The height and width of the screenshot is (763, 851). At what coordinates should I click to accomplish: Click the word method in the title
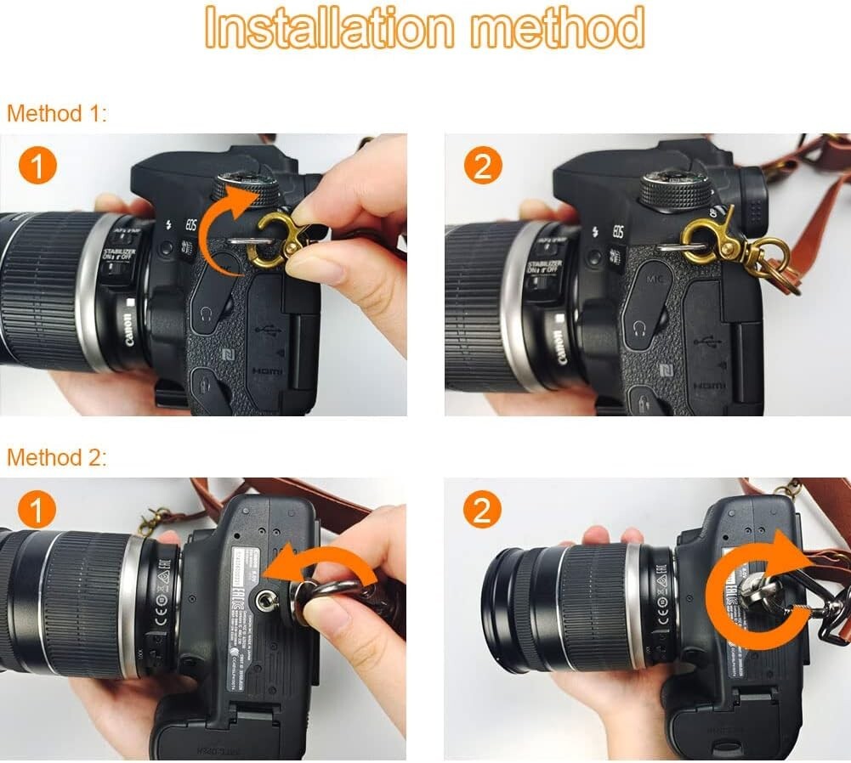point(558,29)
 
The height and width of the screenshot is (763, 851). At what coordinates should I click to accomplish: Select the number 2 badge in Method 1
point(482,167)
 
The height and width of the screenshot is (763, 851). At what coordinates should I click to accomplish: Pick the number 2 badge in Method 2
point(482,511)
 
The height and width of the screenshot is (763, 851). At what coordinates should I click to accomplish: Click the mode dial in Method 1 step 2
point(675,189)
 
